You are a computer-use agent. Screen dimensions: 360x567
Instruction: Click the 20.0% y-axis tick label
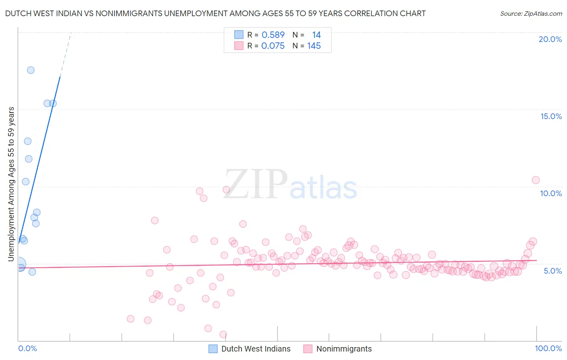click(550, 39)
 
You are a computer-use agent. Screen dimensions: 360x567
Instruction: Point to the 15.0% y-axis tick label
click(551, 116)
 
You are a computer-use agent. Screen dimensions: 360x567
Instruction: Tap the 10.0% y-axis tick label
click(551, 193)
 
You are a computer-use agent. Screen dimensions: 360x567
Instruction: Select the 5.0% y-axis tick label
click(552, 271)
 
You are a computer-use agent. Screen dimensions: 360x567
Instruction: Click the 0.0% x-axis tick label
click(27, 348)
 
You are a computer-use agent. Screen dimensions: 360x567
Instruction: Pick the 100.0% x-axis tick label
click(548, 348)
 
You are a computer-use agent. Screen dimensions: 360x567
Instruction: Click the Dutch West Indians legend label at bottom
click(256, 349)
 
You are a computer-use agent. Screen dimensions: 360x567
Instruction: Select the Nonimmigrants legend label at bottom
click(344, 349)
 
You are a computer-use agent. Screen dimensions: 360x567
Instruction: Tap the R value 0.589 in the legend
click(273, 35)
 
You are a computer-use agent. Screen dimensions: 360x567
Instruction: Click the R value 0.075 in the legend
click(273, 46)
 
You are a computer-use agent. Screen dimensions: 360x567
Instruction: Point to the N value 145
click(314, 46)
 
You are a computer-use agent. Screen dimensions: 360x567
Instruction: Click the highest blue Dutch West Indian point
click(31, 70)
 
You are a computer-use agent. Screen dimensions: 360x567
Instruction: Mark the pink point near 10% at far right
click(536, 180)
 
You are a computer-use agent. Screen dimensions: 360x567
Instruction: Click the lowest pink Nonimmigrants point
click(223, 335)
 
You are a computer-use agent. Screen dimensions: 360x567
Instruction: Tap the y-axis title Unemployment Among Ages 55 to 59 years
click(11, 184)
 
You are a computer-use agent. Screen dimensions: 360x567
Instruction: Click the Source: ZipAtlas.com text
click(531, 14)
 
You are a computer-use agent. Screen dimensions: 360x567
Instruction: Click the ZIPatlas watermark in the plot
click(290, 185)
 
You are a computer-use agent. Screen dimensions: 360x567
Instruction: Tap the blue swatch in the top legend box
click(239, 35)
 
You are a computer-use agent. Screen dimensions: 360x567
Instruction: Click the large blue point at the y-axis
click(19, 265)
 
